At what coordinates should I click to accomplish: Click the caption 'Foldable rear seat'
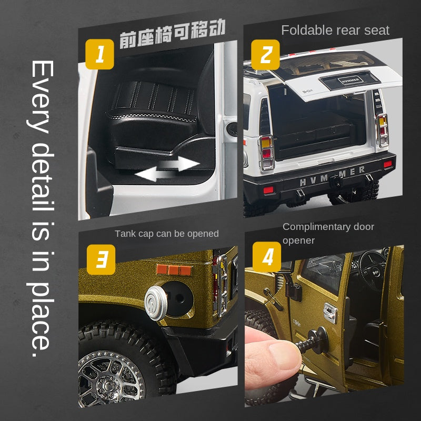pyautogui.click(x=335, y=30)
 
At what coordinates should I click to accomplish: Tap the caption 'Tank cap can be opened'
pyautogui.click(x=166, y=234)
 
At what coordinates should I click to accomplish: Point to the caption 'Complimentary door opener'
pyautogui.click(x=328, y=233)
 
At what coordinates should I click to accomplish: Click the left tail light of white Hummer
pyautogui.click(x=266, y=152)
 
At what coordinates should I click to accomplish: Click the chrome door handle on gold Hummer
pyautogui.click(x=330, y=312)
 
